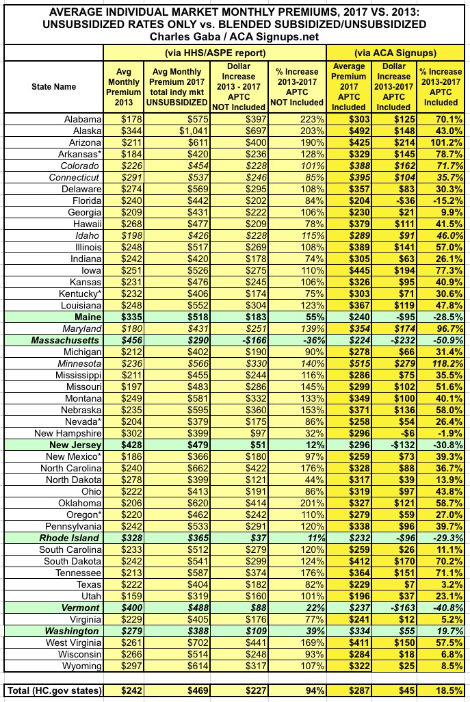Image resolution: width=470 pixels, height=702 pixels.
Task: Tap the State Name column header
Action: [53, 87]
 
